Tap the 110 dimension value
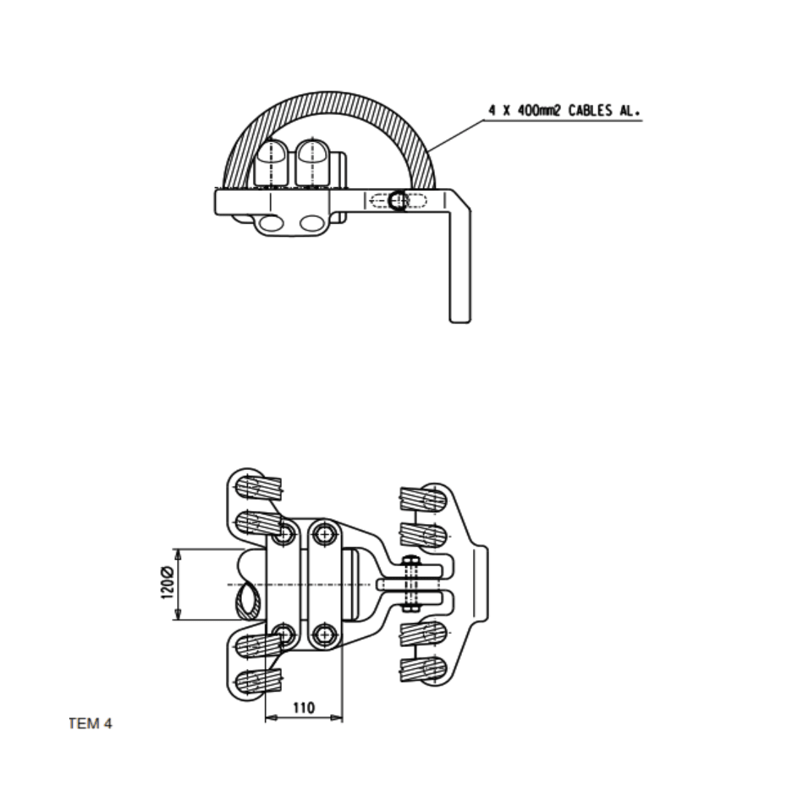coord(304,707)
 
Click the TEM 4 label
coord(90,724)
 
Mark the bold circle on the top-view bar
coord(397,200)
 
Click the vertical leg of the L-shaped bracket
coord(460,270)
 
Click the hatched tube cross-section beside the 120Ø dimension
coord(249,602)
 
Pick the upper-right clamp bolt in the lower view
coord(323,534)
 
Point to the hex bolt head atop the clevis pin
coord(411,562)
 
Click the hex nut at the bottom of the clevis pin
coord(411,606)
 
